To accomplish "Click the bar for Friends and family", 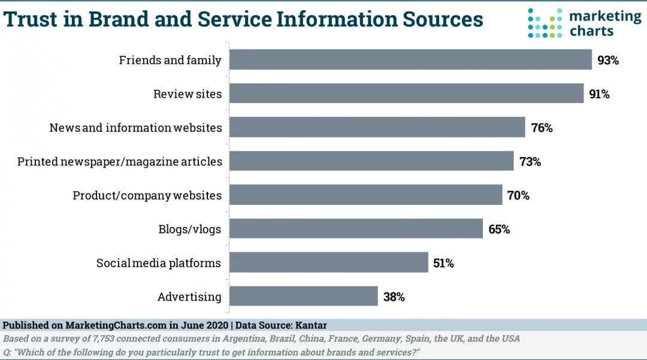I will tap(411, 60).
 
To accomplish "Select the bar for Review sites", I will tap(407, 93).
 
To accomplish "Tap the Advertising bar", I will tap(304, 297).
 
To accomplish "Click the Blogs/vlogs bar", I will tap(356, 229).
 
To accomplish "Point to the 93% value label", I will tap(607, 60).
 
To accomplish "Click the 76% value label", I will tap(542, 128).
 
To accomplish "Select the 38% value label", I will tap(394, 297).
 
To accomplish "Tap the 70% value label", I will tap(518, 195).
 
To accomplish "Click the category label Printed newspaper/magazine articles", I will tap(120, 162).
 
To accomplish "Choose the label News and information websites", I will tap(135, 128).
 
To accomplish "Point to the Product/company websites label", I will tap(147, 195).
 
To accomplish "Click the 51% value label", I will tap(444, 263).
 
